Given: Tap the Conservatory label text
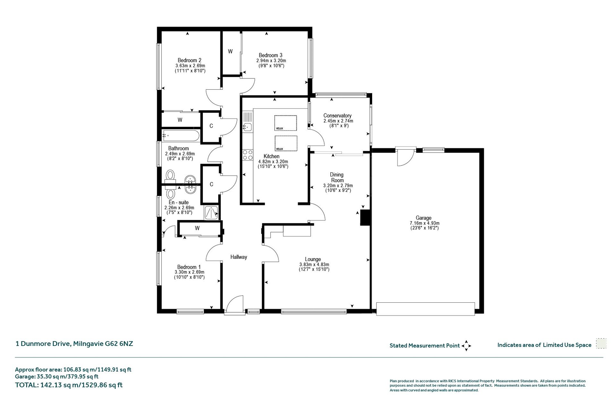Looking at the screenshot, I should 337,116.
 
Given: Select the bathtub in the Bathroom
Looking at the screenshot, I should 181,136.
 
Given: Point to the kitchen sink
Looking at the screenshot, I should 247,127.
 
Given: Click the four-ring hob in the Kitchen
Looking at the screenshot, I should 247,155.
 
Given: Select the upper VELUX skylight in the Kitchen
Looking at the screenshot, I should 286,123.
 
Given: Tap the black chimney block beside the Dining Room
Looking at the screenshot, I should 365,217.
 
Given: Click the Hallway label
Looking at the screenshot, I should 239,257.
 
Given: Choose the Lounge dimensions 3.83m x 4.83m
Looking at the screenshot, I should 314,265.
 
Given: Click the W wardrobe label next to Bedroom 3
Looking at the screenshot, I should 230,51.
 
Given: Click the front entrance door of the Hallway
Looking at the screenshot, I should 235,304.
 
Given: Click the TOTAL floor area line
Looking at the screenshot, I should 69,385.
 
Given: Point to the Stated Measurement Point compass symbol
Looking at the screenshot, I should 466,346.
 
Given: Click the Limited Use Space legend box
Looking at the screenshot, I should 601,343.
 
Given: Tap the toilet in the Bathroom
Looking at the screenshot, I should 170,175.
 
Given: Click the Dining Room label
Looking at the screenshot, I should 337,177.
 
